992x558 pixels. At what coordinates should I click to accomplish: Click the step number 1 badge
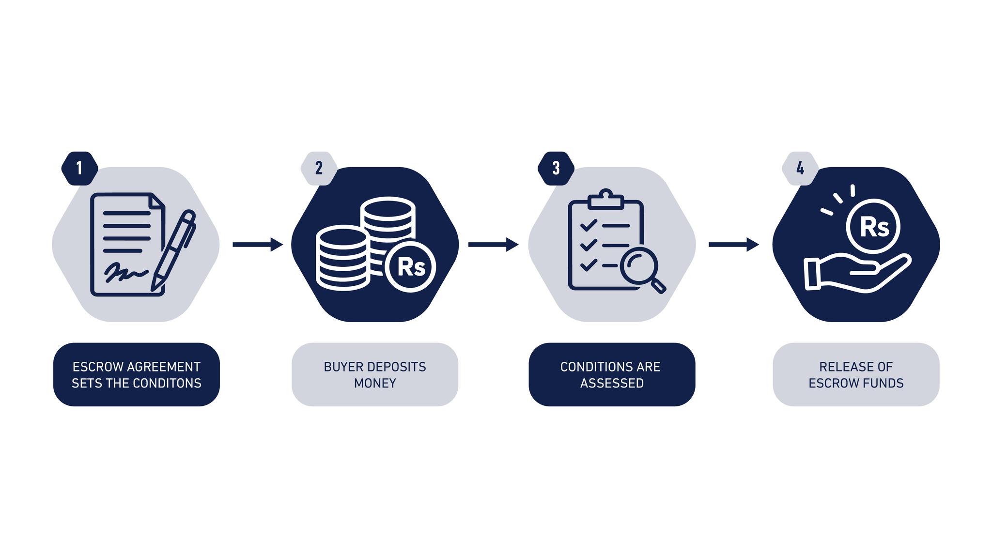(79, 168)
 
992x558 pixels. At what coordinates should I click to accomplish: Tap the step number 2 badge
(319, 168)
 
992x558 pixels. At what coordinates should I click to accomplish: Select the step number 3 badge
(556, 168)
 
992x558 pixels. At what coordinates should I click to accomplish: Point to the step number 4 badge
(800, 168)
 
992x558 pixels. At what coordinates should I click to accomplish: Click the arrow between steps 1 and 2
(258, 245)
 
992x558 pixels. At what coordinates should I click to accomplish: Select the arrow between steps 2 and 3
(493, 245)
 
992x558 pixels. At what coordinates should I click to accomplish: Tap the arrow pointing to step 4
(734, 245)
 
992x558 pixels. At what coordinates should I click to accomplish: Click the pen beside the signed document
(173, 250)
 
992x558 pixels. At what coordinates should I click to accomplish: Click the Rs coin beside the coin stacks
(410, 266)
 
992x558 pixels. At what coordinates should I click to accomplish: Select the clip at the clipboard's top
(605, 199)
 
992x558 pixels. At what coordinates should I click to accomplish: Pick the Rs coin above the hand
(873, 226)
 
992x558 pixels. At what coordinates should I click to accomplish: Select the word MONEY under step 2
(375, 383)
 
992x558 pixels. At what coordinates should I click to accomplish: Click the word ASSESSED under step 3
(612, 383)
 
